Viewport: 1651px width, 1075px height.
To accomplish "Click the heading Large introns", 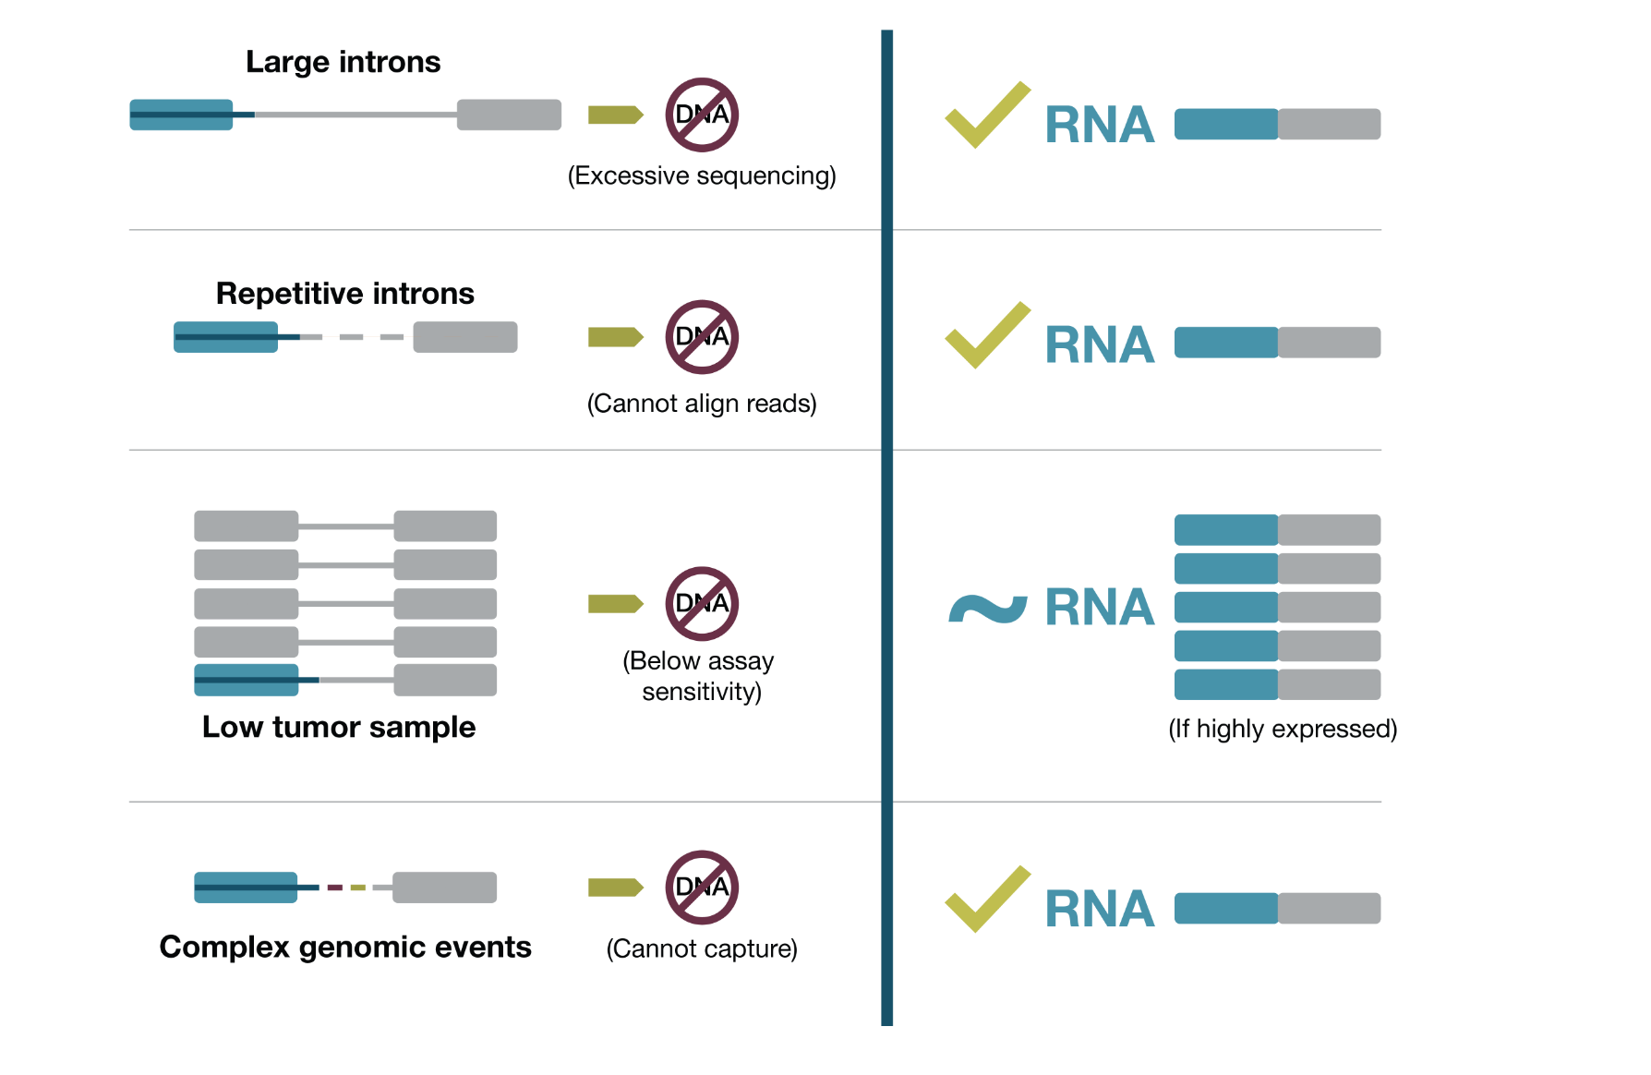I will coord(343,62).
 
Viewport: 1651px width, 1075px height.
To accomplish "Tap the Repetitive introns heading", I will coord(344,294).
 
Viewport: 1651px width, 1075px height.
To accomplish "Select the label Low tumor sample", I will coord(338,727).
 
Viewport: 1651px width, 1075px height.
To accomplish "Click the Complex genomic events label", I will coord(345,947).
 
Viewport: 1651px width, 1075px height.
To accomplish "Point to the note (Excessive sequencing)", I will coord(702,175).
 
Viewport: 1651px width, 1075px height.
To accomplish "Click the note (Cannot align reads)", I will coord(702,404).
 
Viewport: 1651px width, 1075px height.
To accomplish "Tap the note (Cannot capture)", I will coord(702,948).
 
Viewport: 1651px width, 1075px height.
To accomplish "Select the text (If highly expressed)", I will coord(1282,729).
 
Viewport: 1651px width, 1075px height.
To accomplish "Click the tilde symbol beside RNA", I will coord(987,609).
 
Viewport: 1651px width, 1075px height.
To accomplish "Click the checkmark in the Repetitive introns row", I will coord(986,336).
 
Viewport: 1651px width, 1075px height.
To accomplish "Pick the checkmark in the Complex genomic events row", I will coord(986,900).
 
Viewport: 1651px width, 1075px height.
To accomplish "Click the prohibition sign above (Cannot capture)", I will coord(702,888).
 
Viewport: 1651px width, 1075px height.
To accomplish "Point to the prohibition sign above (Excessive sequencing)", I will coord(702,115).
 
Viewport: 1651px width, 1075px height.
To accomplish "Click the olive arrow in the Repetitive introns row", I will coord(615,337).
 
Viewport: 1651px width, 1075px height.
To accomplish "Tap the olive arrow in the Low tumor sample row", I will coord(615,603).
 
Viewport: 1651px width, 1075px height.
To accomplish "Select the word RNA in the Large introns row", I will coord(1099,126).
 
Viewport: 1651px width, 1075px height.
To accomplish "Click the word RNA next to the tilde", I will coord(1099,608).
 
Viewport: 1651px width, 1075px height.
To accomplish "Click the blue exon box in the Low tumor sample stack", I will coord(247,680).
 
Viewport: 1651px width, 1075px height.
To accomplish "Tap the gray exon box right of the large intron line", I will coord(509,115).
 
